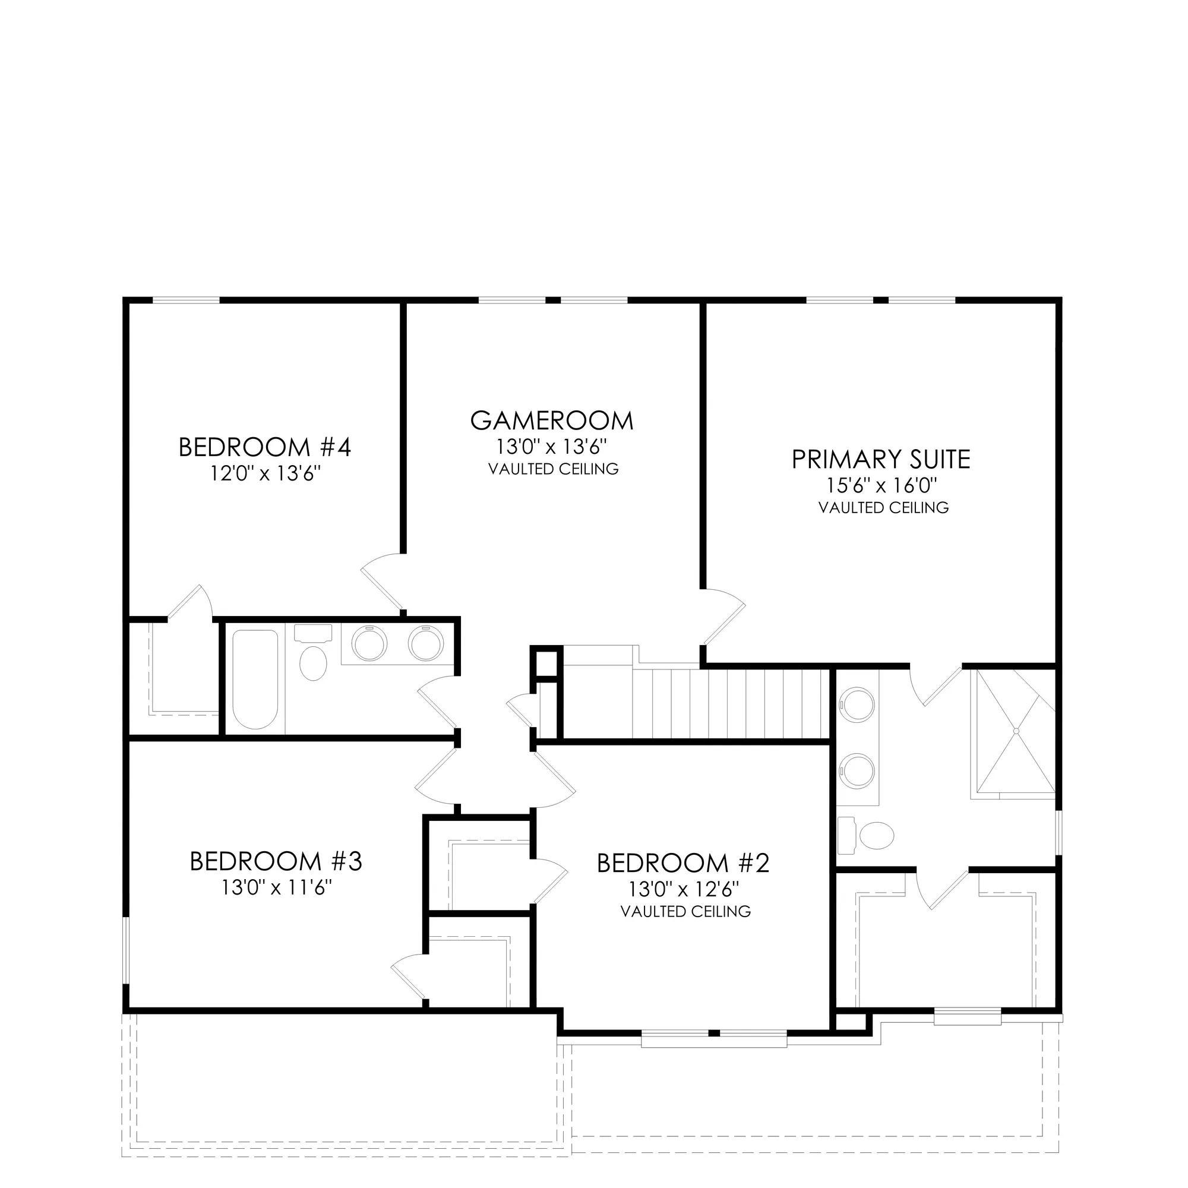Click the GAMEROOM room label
pyautogui.click(x=552, y=421)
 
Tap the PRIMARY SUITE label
pyautogui.click(x=880, y=460)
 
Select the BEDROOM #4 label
pyautogui.click(x=264, y=447)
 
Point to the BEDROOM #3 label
pyautogui.click(x=276, y=861)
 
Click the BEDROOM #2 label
pyautogui.click(x=683, y=863)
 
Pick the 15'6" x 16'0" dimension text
pyautogui.click(x=881, y=486)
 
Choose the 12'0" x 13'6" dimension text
pyautogui.click(x=266, y=473)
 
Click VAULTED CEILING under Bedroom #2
pyautogui.click(x=685, y=911)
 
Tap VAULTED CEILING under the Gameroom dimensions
pyautogui.click(x=554, y=469)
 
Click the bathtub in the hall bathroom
pyautogui.click(x=255, y=679)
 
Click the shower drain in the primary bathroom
pyautogui.click(x=1016, y=731)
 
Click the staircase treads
pyautogui.click(x=728, y=703)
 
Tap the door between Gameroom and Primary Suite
pyautogui.click(x=723, y=617)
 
